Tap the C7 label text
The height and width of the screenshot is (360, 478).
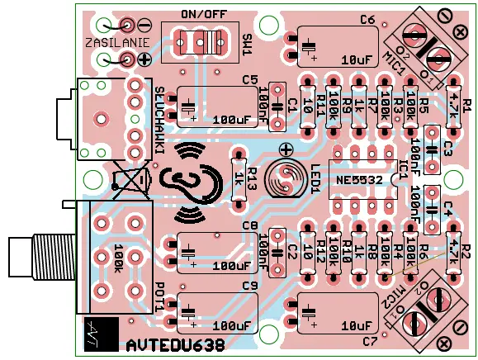click(368, 341)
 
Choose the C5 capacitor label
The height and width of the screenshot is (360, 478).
click(249, 79)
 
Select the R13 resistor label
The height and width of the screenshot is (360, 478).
click(253, 178)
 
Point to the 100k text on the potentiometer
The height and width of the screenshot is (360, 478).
click(117, 257)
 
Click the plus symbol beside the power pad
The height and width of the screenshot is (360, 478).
click(144, 59)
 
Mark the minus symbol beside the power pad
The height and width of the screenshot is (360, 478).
click(144, 25)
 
